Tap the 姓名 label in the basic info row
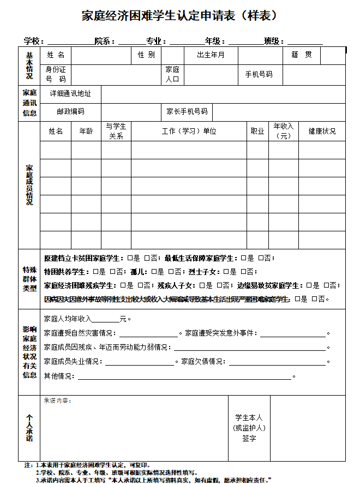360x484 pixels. coord(56,55)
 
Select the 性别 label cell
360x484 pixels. coord(146,55)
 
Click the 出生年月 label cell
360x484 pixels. coord(211,55)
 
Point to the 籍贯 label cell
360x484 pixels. coord(302,55)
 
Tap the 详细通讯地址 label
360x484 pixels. coord(71,93)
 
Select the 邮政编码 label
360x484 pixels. coord(71,111)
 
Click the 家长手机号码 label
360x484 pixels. coord(187,111)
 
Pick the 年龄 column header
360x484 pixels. coord(86,131)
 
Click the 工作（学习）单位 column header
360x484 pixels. coord(189,131)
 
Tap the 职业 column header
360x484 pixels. coord(257,131)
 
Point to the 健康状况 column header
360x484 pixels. coord(322,131)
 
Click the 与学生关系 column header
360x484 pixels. coord(116,131)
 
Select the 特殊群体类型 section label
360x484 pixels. coord(29,278)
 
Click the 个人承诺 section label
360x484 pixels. coord(29,428)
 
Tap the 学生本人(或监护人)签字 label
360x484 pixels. coord(249,428)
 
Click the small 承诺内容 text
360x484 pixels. coord(57,401)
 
